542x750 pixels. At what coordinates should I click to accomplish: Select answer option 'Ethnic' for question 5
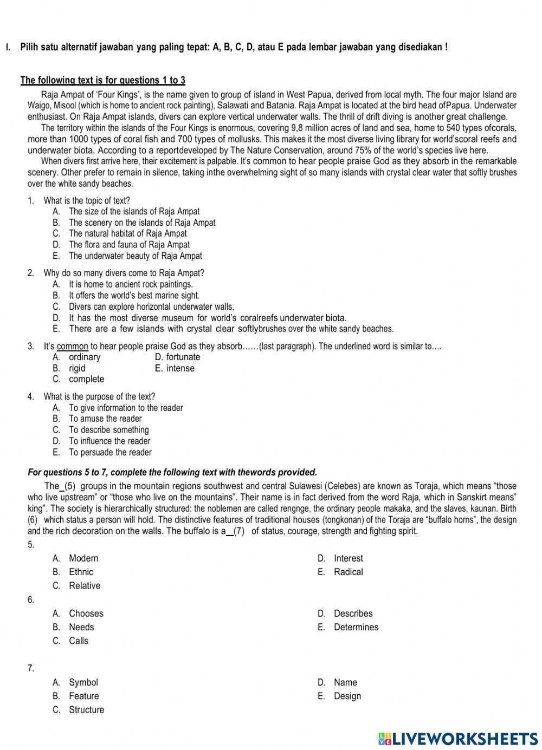[x=81, y=572]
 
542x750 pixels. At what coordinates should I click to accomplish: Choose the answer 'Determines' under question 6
[x=356, y=627]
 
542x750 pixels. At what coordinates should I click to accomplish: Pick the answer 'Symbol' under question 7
[x=83, y=682]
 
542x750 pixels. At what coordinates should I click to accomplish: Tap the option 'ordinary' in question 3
[x=84, y=357]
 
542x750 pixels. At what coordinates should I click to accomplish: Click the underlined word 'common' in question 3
[x=72, y=346]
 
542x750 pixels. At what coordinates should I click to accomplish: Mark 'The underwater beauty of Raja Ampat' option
[x=135, y=256]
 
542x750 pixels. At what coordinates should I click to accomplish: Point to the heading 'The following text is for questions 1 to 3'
[x=103, y=81]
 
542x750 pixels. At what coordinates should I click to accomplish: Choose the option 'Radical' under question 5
[x=348, y=572]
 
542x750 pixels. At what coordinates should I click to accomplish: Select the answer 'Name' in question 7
[x=345, y=682]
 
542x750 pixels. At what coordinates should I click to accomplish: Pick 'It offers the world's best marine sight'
[x=134, y=296]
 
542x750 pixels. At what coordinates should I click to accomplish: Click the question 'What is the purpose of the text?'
[x=99, y=396]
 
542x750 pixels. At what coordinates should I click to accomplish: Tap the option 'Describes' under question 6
[x=353, y=614]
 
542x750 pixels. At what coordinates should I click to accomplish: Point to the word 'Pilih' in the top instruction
[x=30, y=47]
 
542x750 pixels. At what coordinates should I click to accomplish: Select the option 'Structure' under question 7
[x=86, y=709]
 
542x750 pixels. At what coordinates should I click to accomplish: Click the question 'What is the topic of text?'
[x=87, y=200]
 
